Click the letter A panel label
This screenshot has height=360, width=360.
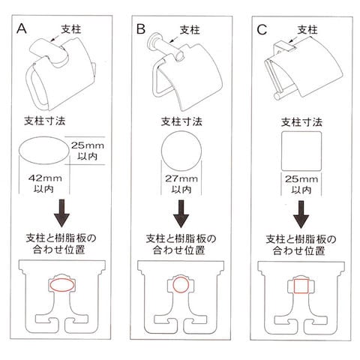(22, 28)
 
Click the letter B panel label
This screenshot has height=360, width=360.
(141, 29)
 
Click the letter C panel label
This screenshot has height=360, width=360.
(262, 30)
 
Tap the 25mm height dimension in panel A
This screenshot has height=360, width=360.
(88, 151)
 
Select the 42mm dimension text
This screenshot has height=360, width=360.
(45, 183)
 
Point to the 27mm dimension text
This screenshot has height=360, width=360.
(181, 184)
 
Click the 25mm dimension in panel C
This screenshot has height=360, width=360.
(301, 184)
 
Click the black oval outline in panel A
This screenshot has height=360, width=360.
(19, 151)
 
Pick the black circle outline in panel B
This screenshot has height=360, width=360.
(162, 151)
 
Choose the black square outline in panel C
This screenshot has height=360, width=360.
(282, 151)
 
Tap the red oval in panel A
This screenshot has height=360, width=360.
(50, 285)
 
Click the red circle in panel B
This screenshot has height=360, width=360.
(173, 285)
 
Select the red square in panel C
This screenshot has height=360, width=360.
(294, 286)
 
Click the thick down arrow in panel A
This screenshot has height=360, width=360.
(61, 213)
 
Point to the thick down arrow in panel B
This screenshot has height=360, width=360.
(181, 214)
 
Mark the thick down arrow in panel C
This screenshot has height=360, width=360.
(301, 214)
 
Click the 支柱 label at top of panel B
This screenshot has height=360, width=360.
(190, 30)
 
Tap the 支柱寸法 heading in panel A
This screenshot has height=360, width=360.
(45, 121)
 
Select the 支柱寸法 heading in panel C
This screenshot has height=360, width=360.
(301, 122)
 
